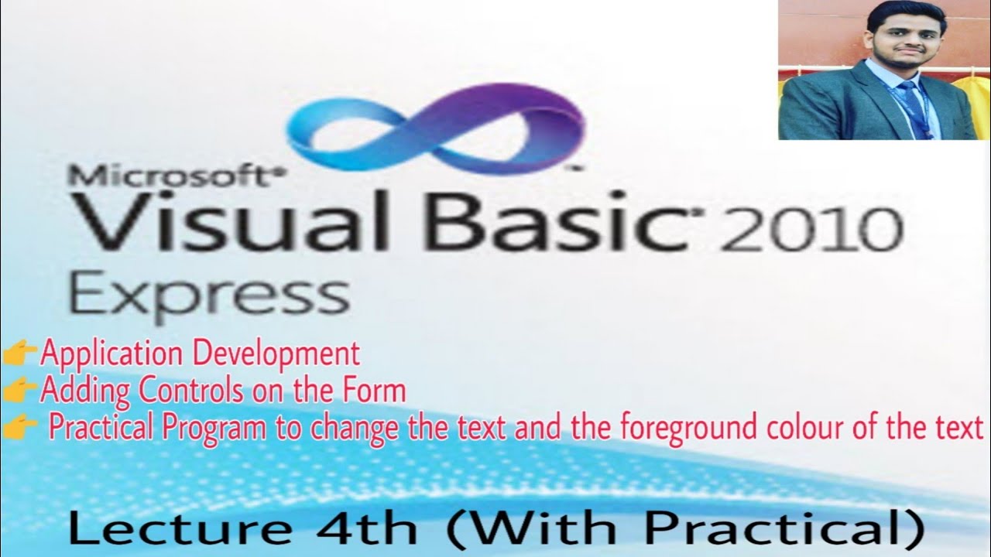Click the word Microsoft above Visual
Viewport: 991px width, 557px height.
[170, 176]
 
